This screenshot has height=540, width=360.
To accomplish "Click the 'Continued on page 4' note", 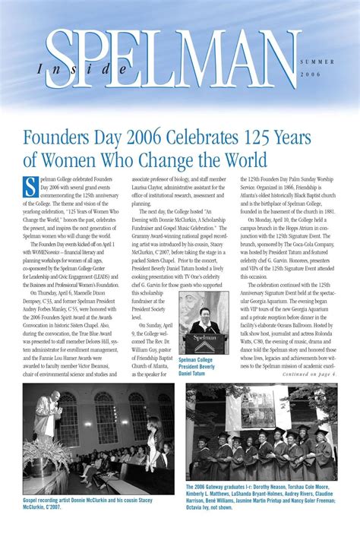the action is point(308,374).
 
